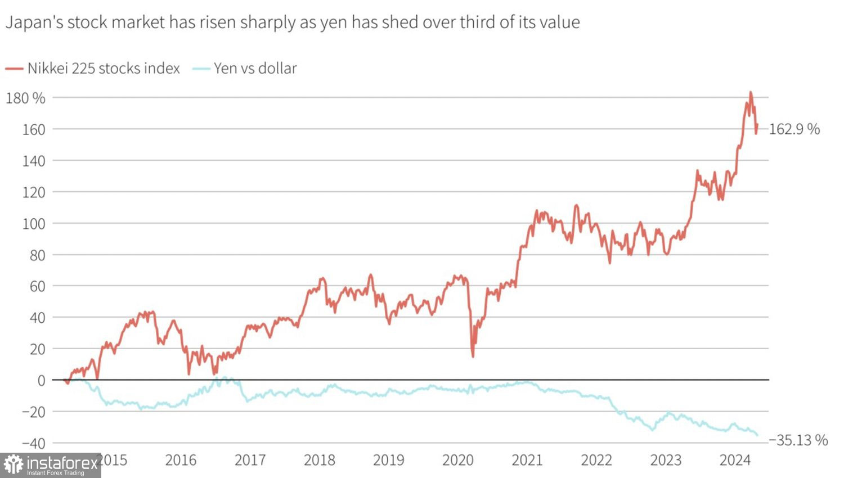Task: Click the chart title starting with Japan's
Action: coord(293,22)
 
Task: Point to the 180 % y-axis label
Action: coord(25,98)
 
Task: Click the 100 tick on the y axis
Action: coord(33,224)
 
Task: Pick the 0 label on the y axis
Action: coord(41,381)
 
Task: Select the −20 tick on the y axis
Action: coord(33,412)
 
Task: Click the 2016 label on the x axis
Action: coord(181,461)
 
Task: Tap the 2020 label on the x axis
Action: coord(458,461)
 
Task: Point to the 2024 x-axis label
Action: coord(735,461)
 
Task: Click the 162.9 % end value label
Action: coord(794,129)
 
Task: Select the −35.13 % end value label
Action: coord(798,440)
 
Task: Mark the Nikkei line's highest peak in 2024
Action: coord(751,93)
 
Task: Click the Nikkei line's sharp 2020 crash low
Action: coord(473,356)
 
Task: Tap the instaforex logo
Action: coord(51,465)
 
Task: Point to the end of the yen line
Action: coord(757,435)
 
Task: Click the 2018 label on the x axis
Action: coord(319,461)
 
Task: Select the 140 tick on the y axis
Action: coord(33,161)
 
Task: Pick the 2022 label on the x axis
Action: coord(596,461)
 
